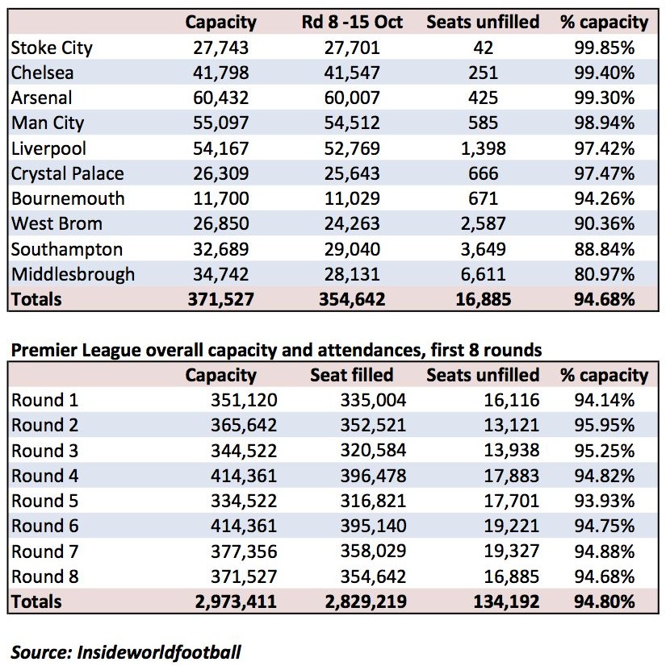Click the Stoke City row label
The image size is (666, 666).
52,48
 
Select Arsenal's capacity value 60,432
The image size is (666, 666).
220,98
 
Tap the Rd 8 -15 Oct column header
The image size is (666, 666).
352,22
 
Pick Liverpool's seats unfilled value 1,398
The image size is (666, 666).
483,148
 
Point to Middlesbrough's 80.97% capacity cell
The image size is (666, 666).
605,274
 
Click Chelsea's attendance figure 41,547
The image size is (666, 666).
352,73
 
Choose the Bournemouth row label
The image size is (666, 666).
68,198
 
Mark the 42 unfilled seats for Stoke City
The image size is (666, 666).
483,48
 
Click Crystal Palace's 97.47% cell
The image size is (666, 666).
605,173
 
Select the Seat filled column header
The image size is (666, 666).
352,375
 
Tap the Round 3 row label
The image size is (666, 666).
44,451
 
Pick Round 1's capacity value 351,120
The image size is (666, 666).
244,400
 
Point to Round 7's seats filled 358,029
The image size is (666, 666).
373,552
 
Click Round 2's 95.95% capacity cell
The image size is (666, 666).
605,425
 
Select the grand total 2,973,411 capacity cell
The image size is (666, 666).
236,601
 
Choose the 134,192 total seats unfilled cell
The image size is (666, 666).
506,601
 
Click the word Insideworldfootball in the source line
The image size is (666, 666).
159,652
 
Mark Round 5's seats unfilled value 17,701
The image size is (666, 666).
512,501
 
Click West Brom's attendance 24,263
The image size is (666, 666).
352,224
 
